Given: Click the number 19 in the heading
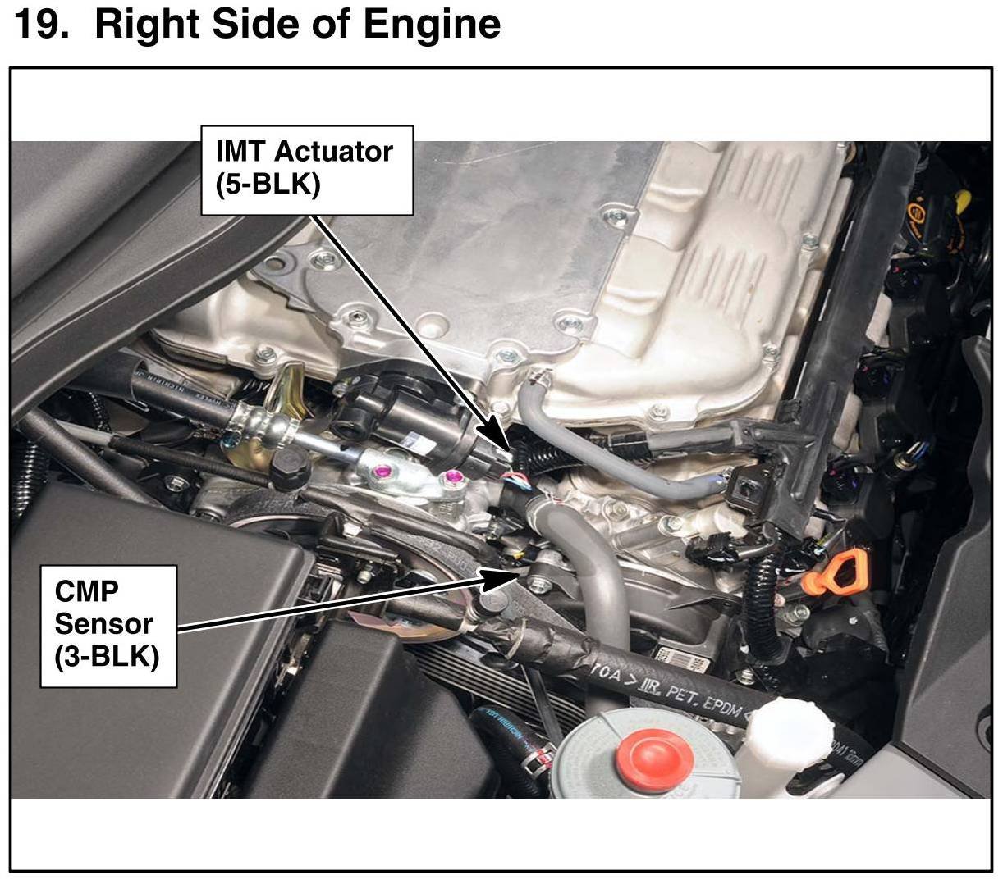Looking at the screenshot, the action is pos(39,24).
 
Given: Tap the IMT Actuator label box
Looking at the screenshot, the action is pos(307,171).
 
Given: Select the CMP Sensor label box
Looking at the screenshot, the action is pos(108,627).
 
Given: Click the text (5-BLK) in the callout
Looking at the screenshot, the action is pos(268,185).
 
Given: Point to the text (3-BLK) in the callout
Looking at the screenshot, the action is pos(107,658).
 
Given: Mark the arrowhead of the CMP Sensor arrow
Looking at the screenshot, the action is pos(519,574).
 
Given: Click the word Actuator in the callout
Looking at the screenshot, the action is pos(334,152).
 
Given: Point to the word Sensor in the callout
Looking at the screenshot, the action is pos(103,624).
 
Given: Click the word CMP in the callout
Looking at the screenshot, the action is pos(87,591).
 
